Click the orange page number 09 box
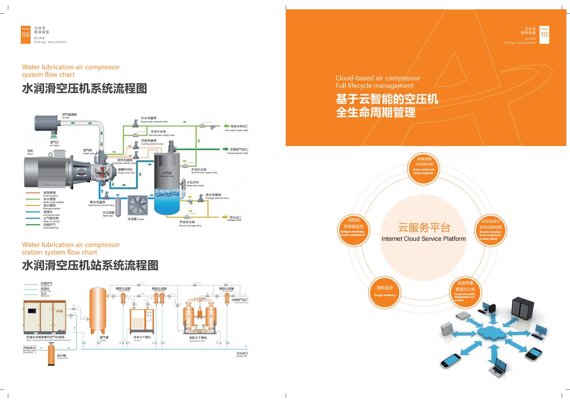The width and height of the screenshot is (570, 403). (x=25, y=35)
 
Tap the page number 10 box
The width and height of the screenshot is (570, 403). (x=544, y=34)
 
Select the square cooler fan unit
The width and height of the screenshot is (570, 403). (x=138, y=206)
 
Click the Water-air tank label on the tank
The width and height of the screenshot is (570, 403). (x=167, y=175)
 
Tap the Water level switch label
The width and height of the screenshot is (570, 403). (x=195, y=184)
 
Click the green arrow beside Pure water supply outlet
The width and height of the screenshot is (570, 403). (x=226, y=126)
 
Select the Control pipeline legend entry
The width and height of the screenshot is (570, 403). (x=50, y=194)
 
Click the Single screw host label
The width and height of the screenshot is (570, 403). (x=125, y=171)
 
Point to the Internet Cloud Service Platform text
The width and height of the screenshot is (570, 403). (x=424, y=239)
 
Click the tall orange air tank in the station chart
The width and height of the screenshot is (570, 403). (x=97, y=309)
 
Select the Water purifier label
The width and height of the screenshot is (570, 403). (x=62, y=356)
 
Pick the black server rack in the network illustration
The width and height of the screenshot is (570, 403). (x=521, y=309)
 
